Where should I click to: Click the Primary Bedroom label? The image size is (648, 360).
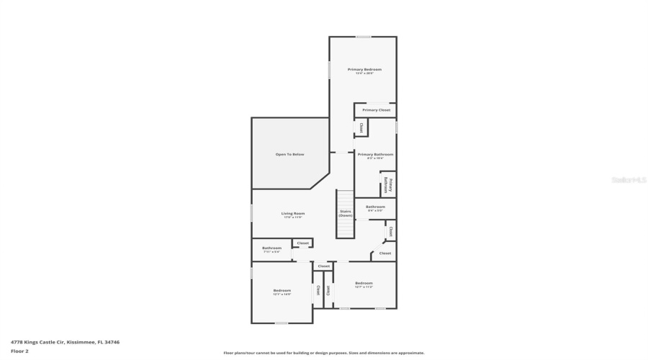[364, 71]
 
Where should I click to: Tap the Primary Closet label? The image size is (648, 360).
[376, 110]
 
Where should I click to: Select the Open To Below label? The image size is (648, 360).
[289, 154]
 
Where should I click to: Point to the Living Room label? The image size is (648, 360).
[292, 215]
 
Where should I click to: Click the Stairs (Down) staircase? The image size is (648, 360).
[346, 214]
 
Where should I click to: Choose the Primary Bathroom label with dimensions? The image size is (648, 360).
[375, 156]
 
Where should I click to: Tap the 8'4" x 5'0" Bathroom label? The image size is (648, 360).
[375, 208]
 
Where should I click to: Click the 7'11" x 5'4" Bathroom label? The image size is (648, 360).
[271, 249]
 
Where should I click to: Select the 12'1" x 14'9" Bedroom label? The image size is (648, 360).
[281, 292]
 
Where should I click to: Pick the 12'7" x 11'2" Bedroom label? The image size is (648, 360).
[364, 284]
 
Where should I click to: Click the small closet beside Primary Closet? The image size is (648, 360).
[361, 127]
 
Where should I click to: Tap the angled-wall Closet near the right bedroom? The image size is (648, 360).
[384, 253]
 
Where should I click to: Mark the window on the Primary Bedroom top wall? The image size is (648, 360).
[364, 37]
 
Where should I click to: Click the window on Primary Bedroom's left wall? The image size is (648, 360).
[330, 69]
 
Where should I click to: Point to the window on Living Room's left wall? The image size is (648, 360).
[251, 213]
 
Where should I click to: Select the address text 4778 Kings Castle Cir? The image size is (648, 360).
[65, 342]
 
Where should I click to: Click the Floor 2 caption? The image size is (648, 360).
[19, 351]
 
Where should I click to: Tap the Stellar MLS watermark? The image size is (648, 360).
[629, 180]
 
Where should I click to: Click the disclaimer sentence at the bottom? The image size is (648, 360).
[323, 353]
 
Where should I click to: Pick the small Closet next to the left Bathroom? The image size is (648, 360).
[303, 243]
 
